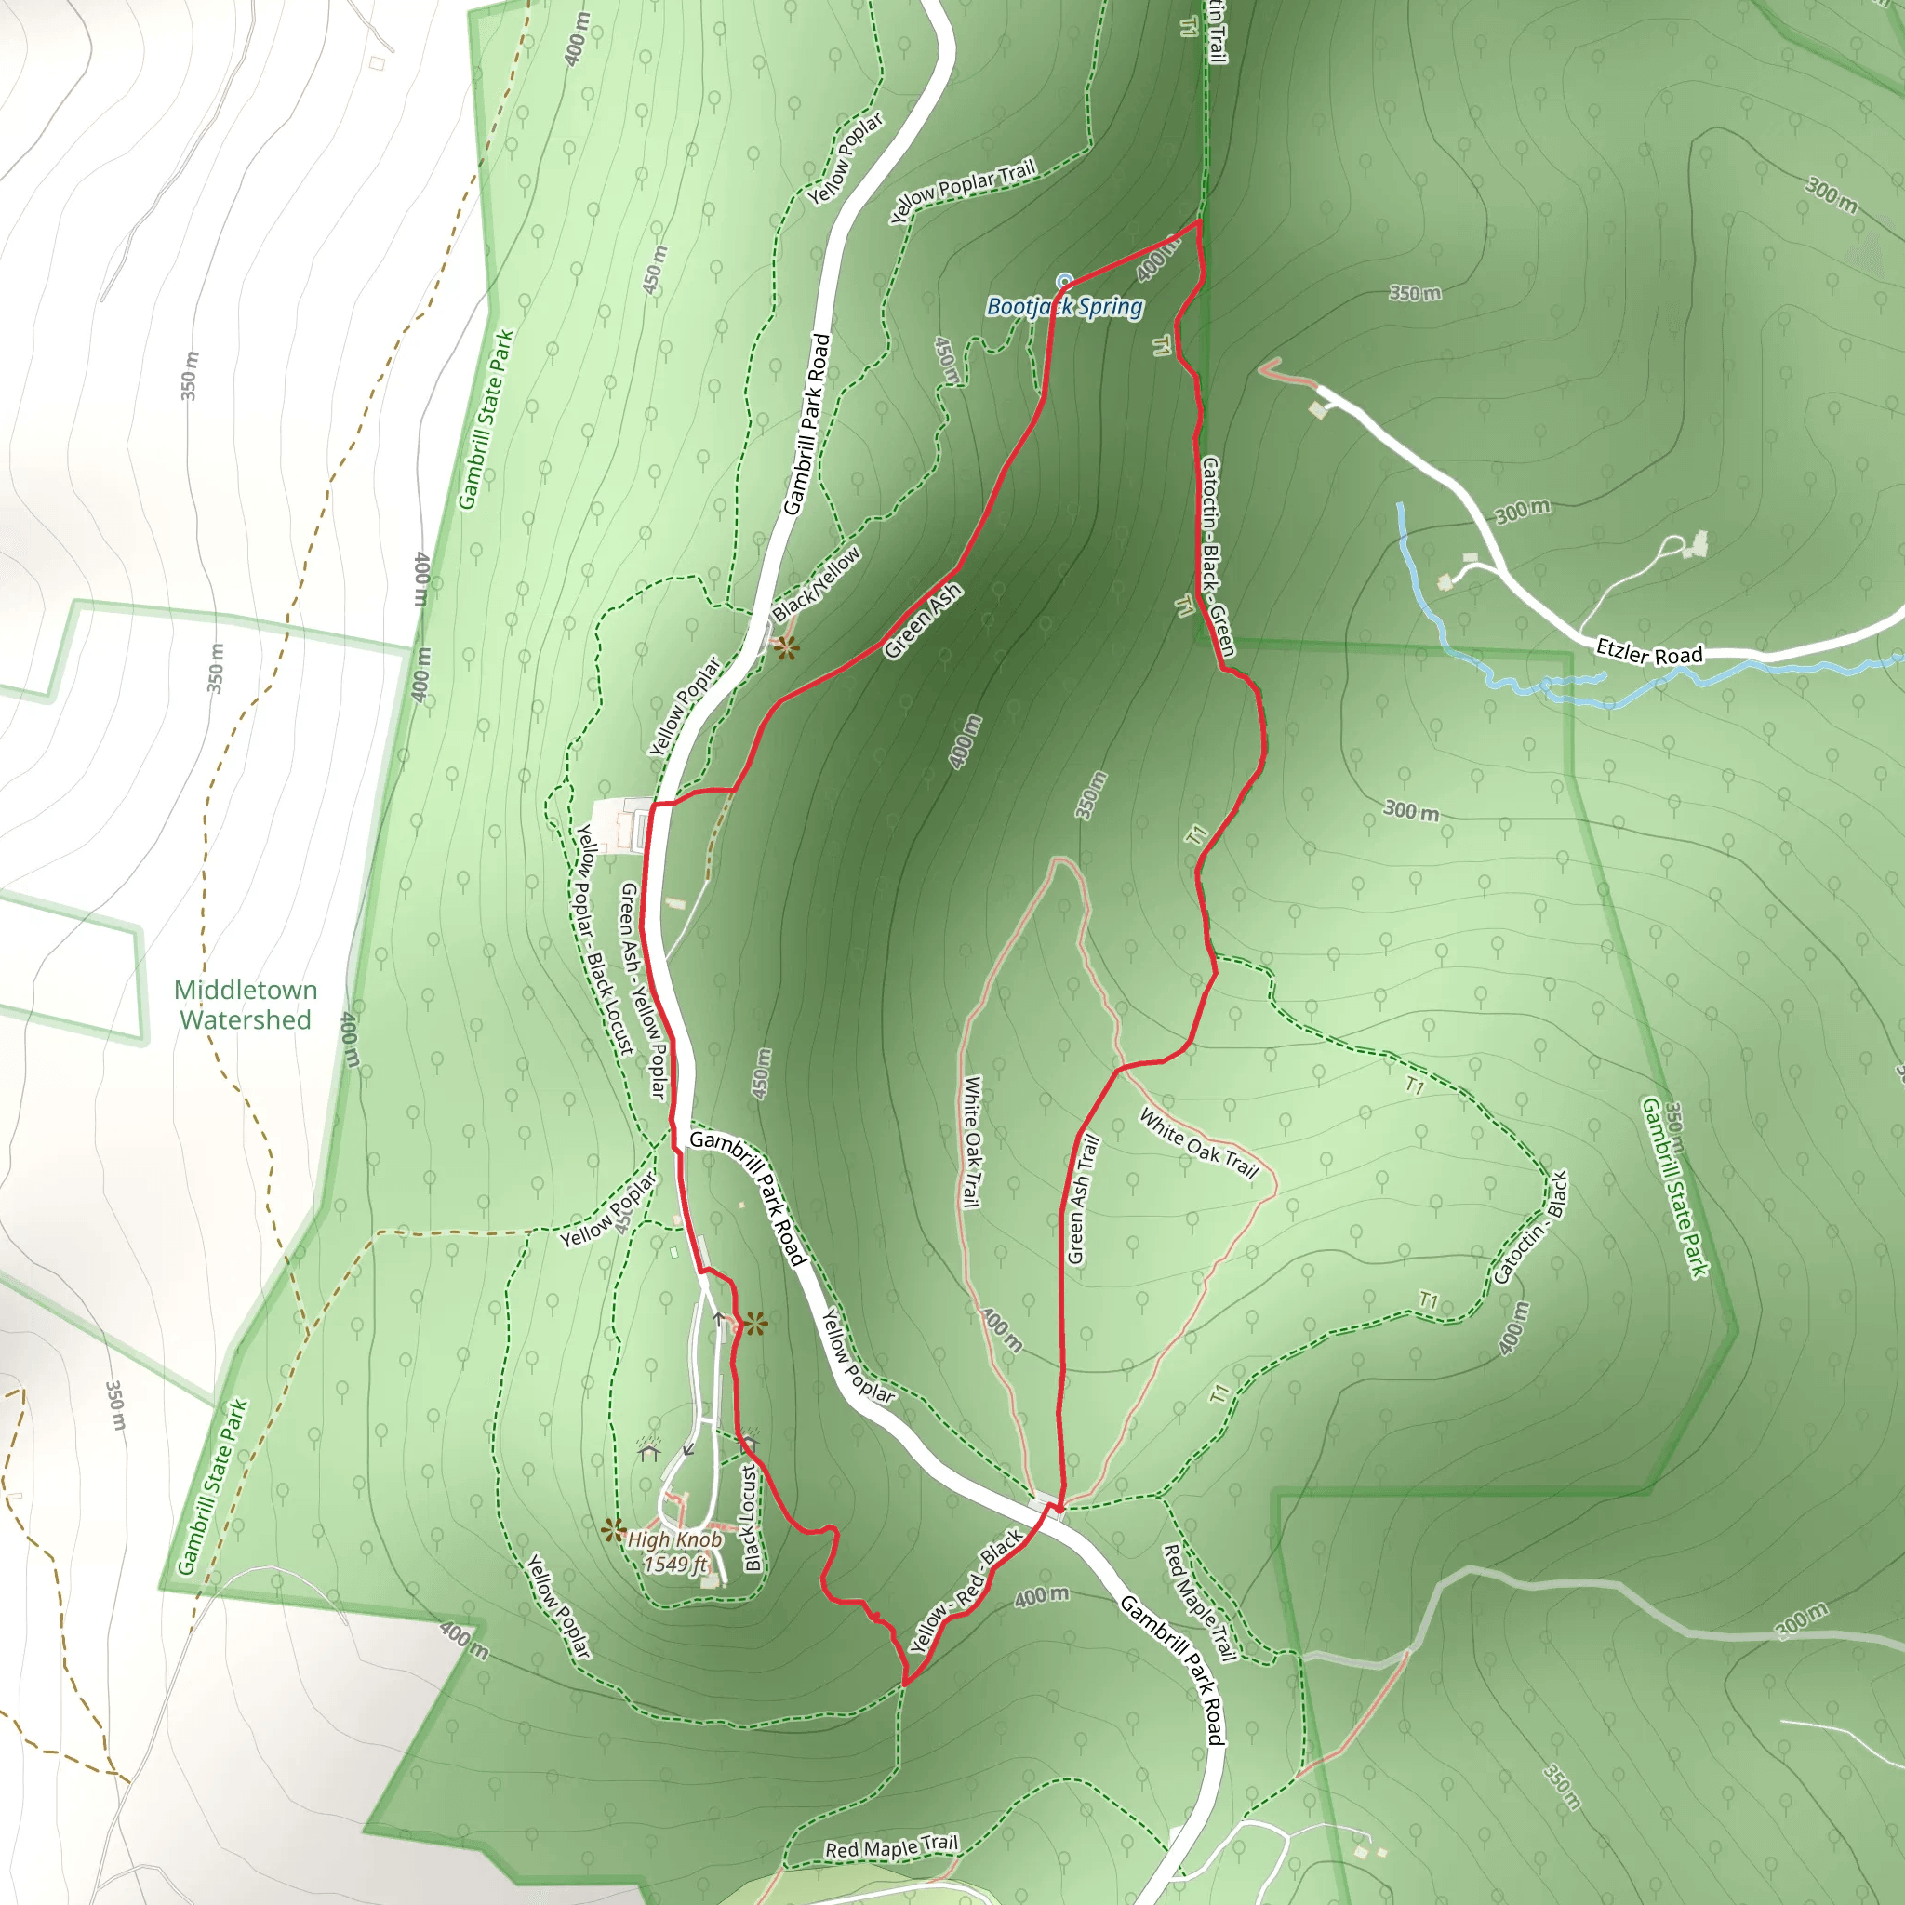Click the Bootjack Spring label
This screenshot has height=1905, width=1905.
click(1065, 307)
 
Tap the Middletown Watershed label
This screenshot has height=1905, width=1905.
click(246, 1005)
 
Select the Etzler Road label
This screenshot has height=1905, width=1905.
click(1648, 652)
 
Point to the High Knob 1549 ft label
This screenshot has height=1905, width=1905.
click(674, 1551)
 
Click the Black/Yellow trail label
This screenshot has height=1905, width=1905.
click(817, 585)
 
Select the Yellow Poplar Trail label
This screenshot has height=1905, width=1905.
click(963, 191)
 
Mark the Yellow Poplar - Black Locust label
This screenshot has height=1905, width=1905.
click(605, 939)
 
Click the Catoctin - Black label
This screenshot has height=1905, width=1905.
click(1530, 1228)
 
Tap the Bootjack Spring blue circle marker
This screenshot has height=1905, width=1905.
click(1064, 282)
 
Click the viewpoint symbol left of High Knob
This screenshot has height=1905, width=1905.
click(613, 1530)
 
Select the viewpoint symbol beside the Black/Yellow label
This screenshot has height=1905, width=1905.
click(786, 647)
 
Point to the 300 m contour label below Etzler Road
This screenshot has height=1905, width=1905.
click(1410, 810)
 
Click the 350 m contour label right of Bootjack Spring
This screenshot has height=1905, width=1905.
click(1415, 293)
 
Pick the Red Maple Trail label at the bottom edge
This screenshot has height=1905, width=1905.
click(890, 1846)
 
